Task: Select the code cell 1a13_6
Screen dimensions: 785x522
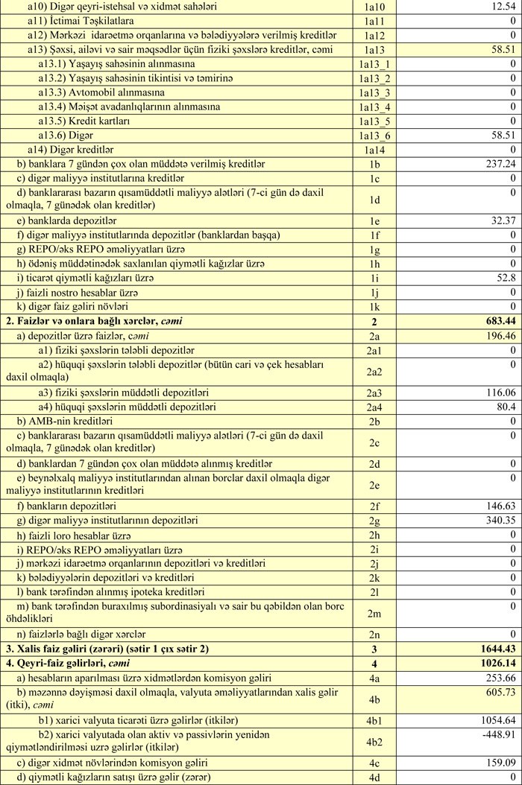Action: click(x=374, y=136)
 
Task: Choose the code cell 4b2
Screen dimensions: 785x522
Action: click(x=374, y=741)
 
